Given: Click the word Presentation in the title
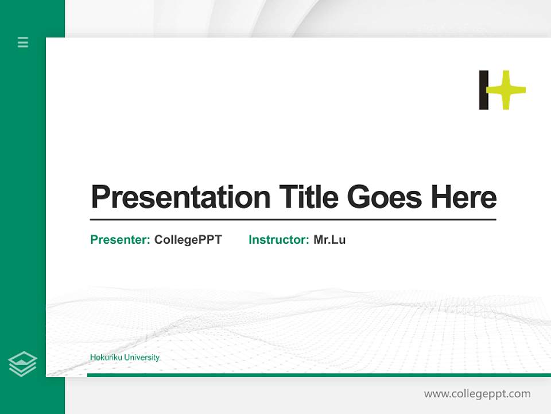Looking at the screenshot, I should [180, 197].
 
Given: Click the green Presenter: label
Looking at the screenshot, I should [120, 240].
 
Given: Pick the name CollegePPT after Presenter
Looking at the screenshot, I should [188, 240].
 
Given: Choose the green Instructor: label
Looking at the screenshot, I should [278, 240].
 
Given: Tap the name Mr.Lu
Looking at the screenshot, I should [329, 240].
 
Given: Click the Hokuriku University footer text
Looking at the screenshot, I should [125, 358].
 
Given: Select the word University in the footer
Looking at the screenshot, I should [142, 358].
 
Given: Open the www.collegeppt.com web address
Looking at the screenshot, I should [477, 394].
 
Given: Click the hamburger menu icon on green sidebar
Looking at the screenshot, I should [23, 42].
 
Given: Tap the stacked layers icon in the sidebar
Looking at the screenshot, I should [22, 364].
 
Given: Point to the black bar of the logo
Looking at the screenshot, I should [484, 90].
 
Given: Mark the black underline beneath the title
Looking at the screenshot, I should [293, 220].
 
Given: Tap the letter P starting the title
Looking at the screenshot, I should [100, 197].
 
